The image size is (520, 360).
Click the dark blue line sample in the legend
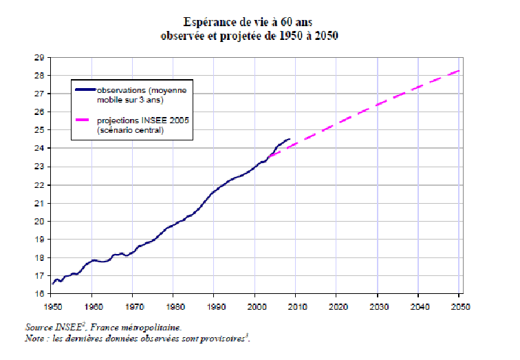[x=86, y=89]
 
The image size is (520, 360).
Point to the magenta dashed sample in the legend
[x=86, y=122]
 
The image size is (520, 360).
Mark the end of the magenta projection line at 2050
[x=459, y=70]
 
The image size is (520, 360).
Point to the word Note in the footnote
[x=34, y=340]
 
